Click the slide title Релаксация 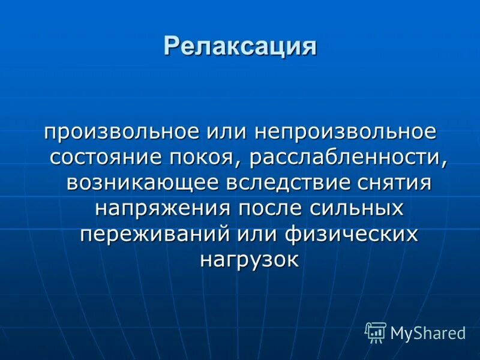tap(240, 46)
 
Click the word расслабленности tap(344, 157)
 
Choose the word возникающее tap(142, 183)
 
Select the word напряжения tap(163, 209)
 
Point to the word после tap(271, 209)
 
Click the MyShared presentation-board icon tap(376, 332)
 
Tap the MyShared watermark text tap(428, 334)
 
